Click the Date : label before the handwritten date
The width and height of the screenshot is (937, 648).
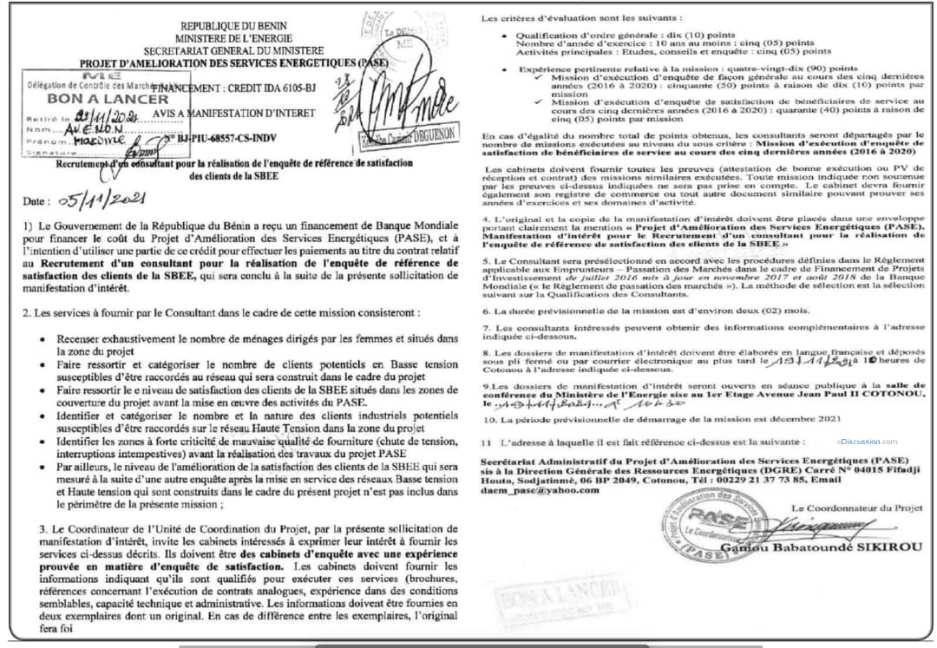click(37, 202)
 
